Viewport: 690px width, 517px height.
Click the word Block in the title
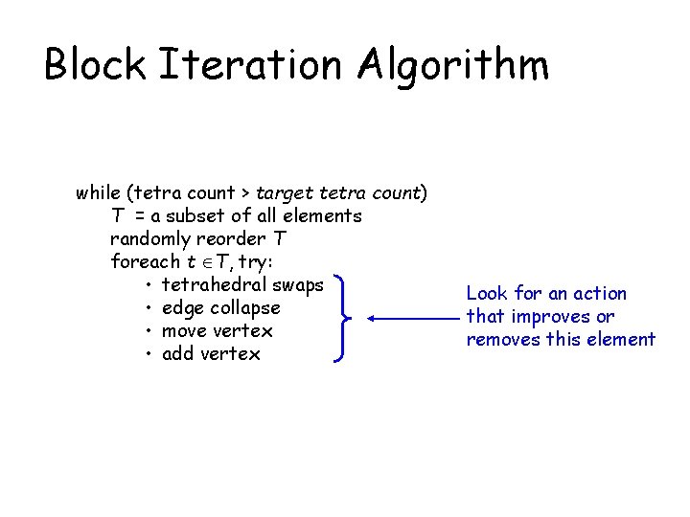tap(95, 65)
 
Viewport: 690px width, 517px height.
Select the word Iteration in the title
tap(251, 65)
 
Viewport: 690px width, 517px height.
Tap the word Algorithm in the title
tap(454, 65)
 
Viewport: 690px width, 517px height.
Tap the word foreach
tap(145, 261)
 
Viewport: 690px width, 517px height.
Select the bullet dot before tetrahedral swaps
tap(150, 285)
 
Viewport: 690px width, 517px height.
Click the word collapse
tap(246, 308)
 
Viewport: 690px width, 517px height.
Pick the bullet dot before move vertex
tap(150, 331)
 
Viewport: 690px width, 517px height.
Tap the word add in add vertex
tap(179, 353)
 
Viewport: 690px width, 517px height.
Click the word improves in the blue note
tap(548, 317)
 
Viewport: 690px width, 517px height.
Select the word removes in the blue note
tap(501, 340)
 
